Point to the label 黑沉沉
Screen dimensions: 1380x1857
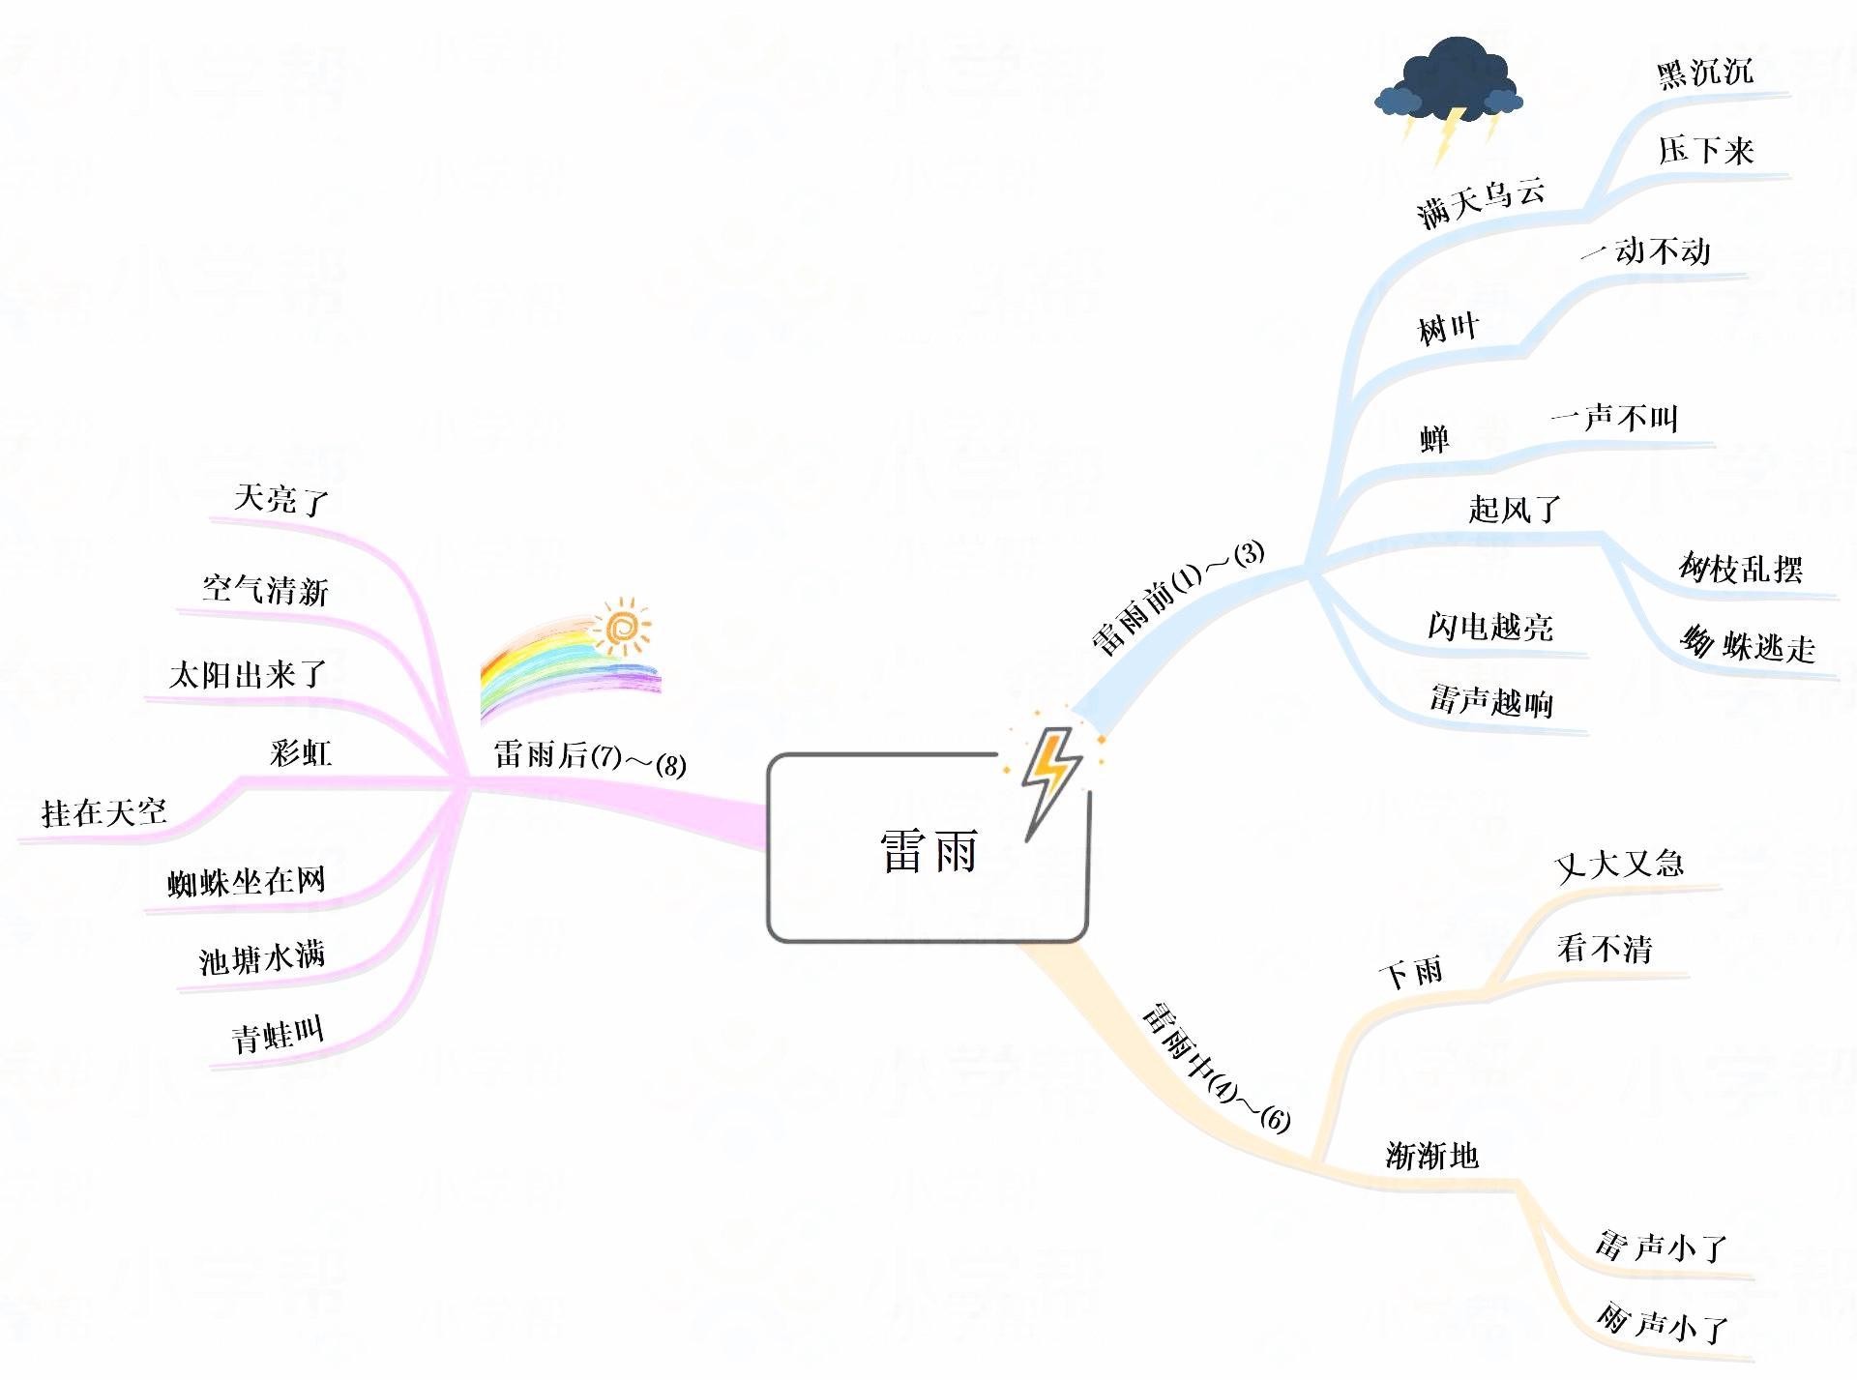[1704, 73]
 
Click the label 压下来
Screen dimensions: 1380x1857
[1705, 151]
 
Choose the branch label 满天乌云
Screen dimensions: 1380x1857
[1480, 203]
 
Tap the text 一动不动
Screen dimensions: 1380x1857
[1646, 251]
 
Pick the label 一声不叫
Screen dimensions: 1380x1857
[1614, 418]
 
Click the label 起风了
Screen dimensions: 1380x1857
[1515, 509]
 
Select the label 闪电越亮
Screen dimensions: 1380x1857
[1490, 627]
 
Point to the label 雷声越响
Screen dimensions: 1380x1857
[1491, 700]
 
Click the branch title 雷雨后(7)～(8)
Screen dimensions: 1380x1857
[589, 757]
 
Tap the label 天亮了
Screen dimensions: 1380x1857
[281, 499]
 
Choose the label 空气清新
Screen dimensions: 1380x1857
[265, 590]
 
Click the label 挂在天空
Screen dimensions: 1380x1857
[104, 812]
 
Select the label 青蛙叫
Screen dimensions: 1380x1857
[278, 1036]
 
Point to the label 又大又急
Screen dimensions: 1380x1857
[1619, 864]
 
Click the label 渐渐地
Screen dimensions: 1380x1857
[1431, 1155]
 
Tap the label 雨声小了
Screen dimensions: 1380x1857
[1662, 1322]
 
